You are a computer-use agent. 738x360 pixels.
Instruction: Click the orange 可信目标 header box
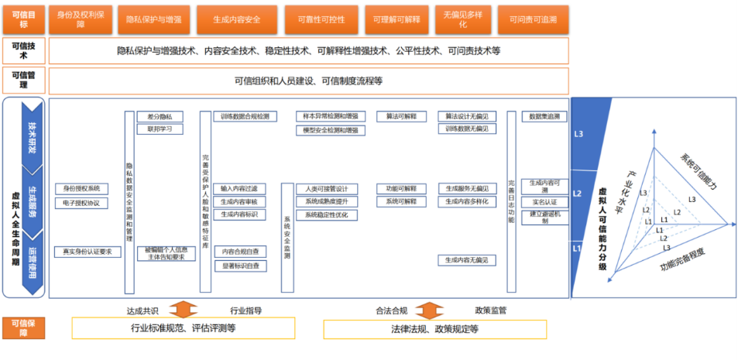tap(23, 18)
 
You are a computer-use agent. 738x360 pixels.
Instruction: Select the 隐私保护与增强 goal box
tap(155, 18)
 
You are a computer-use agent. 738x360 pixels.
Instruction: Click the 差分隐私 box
tap(160, 116)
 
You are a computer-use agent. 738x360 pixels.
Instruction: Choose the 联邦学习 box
tap(160, 129)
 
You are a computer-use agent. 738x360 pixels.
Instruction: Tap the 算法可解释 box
tap(401, 116)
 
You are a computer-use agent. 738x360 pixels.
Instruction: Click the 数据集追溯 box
tap(544, 116)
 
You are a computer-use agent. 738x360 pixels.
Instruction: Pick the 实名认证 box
tap(544, 203)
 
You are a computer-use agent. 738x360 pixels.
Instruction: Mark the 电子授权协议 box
tap(81, 204)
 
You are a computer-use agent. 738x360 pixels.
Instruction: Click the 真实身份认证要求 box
tap(88, 252)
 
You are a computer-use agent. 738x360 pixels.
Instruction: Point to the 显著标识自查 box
tap(240, 266)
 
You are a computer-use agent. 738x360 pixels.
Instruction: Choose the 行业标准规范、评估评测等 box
tap(183, 328)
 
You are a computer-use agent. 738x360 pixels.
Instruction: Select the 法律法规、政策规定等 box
tap(434, 328)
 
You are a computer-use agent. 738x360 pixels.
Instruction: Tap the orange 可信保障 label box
tap(23, 328)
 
